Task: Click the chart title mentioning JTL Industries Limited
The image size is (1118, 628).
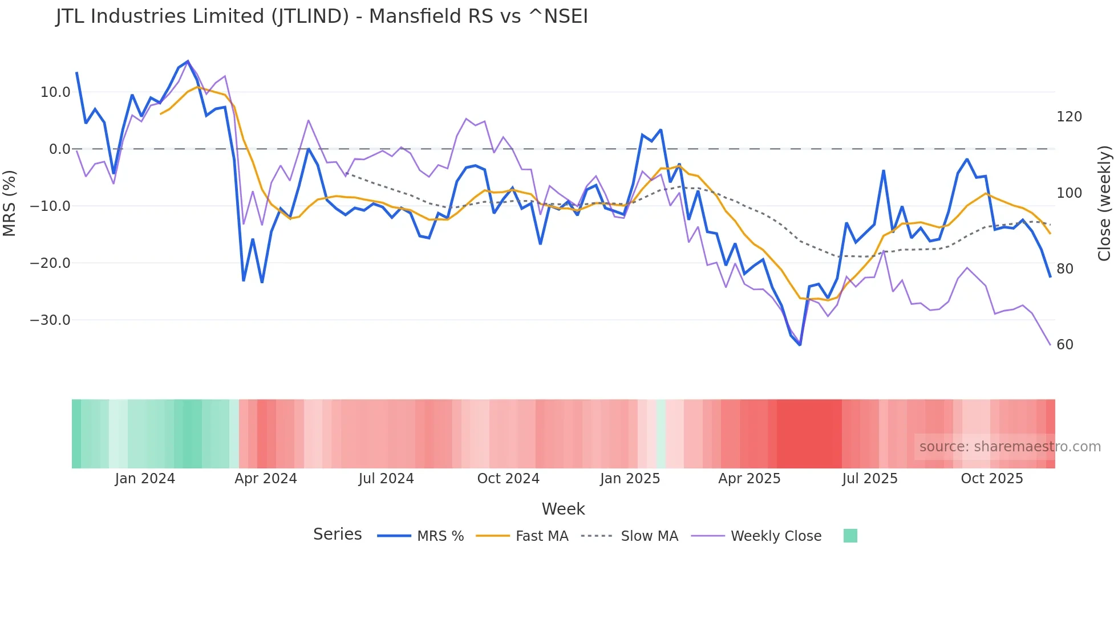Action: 322,17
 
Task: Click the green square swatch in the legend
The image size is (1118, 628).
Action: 850,536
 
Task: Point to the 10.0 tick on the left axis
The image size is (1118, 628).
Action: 55,92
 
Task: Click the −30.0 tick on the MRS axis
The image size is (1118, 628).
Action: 50,320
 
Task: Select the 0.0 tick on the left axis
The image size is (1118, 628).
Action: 59,149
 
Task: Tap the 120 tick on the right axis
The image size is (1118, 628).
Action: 1069,117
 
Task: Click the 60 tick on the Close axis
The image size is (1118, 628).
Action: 1065,345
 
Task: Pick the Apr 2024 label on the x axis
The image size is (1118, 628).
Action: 266,479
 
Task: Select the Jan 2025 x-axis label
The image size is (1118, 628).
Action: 630,479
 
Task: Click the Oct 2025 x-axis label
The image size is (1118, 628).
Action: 992,479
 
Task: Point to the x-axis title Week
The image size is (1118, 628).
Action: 563,509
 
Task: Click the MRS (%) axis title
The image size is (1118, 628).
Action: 10,203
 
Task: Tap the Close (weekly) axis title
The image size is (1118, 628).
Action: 1104,203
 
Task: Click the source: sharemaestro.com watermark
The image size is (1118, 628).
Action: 1010,447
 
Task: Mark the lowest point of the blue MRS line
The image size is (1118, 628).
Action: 800,345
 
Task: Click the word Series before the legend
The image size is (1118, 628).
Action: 337,535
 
